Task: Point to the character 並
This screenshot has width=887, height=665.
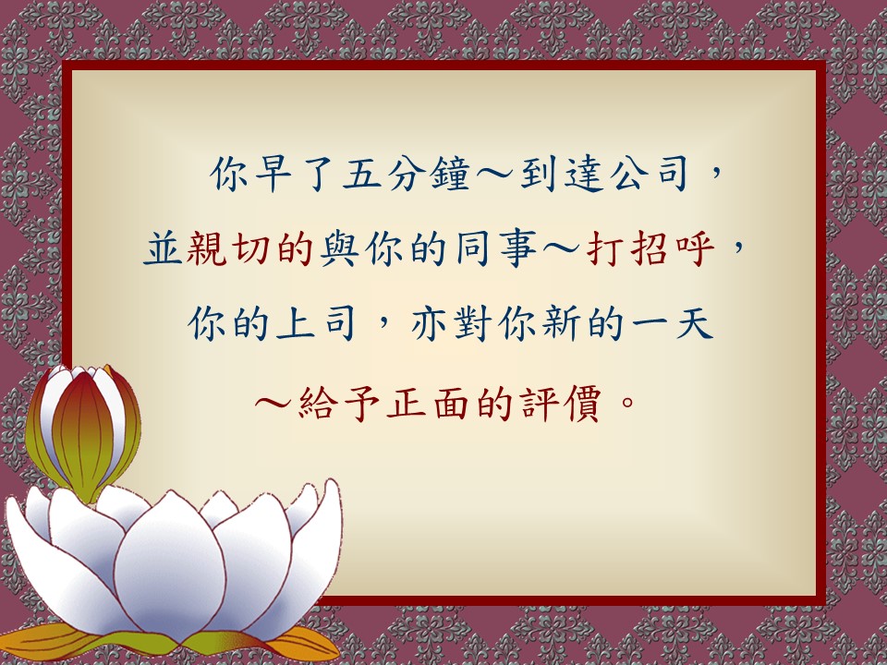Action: (163, 248)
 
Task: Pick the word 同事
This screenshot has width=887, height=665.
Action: (495, 248)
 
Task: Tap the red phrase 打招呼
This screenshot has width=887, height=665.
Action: (650, 248)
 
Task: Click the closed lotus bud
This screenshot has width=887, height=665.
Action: (84, 431)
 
